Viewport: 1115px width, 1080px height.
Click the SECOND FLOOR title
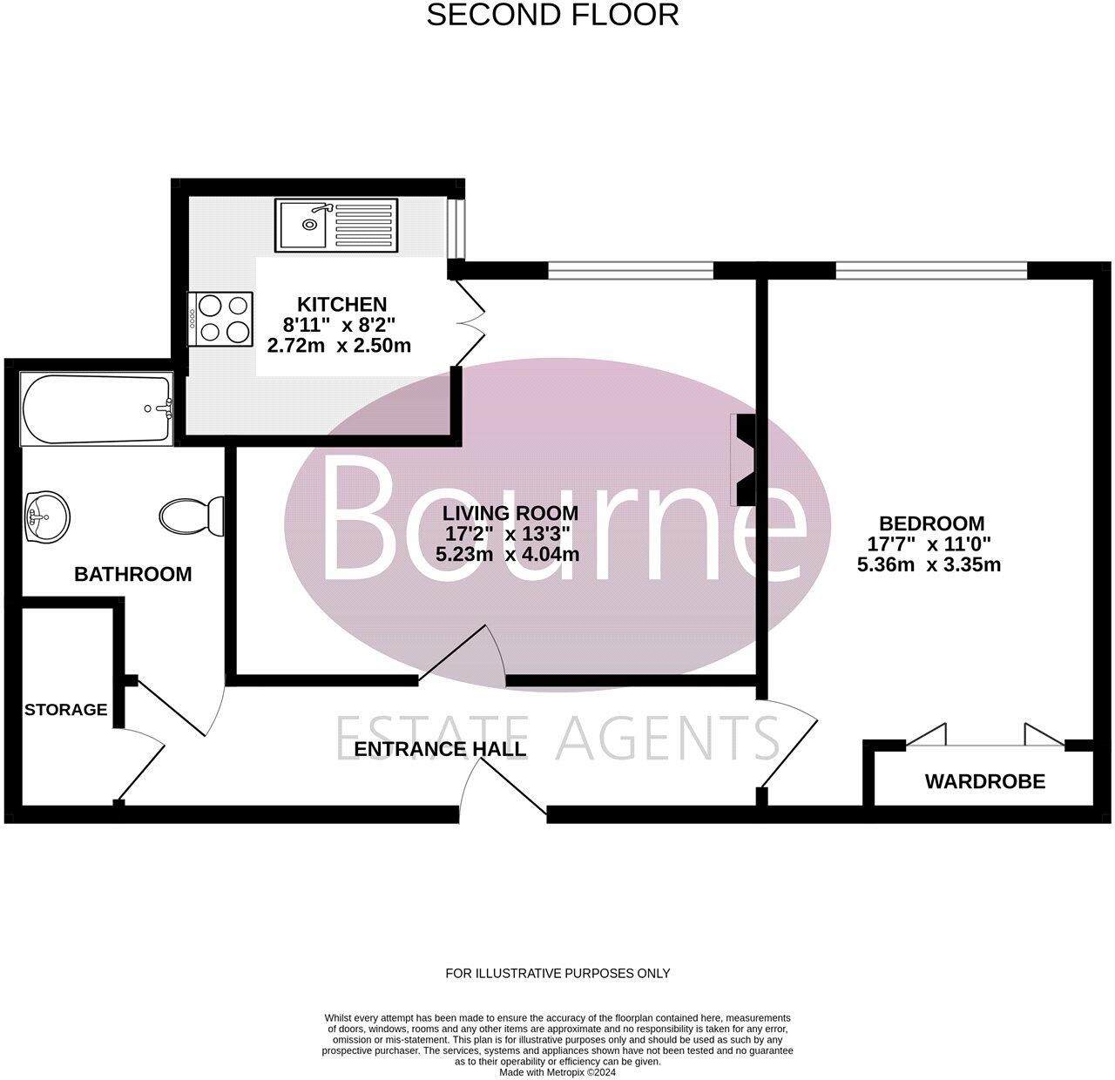pyautogui.click(x=552, y=15)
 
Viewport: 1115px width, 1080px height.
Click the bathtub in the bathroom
pyautogui.click(x=97, y=409)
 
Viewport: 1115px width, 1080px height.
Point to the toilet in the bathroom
pyautogui.click(x=192, y=516)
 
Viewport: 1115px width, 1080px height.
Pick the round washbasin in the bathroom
pyautogui.click(x=47, y=516)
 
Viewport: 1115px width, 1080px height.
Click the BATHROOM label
pyautogui.click(x=132, y=574)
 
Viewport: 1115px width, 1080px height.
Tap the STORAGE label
pyautogui.click(x=65, y=710)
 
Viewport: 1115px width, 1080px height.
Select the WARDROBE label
pyautogui.click(x=984, y=781)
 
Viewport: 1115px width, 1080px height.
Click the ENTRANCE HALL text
pyautogui.click(x=440, y=749)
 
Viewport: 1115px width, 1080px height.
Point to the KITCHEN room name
pyautogui.click(x=341, y=304)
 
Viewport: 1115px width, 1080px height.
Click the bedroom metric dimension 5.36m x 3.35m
pyautogui.click(x=929, y=564)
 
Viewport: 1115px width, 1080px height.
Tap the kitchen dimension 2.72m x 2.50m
pyautogui.click(x=339, y=346)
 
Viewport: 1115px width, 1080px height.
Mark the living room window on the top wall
pyautogui.click(x=631, y=270)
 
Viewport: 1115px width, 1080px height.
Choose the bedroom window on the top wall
pyautogui.click(x=931, y=270)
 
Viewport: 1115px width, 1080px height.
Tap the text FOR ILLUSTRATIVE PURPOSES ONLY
pyautogui.click(x=557, y=973)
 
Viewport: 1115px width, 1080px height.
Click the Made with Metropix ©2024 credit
pyautogui.click(x=557, y=1072)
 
